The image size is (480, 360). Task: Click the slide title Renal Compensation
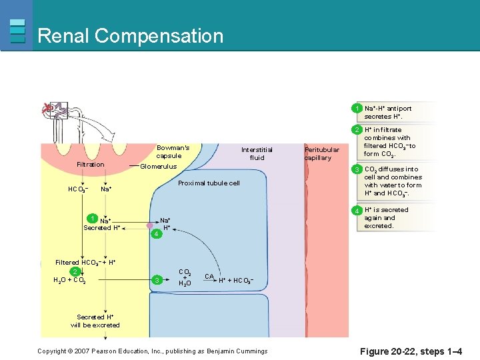(x=131, y=35)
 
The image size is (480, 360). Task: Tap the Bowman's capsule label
(x=173, y=152)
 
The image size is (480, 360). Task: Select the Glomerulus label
(x=158, y=167)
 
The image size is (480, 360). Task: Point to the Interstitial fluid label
(x=257, y=153)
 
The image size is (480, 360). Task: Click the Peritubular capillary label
(x=321, y=154)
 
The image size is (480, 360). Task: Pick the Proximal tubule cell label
(x=209, y=183)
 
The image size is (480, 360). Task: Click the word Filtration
(x=91, y=165)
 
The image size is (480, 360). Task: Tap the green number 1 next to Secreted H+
(x=91, y=219)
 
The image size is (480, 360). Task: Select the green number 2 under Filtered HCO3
(x=76, y=271)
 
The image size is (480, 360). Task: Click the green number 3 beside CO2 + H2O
(x=156, y=279)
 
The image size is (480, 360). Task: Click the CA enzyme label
(x=209, y=276)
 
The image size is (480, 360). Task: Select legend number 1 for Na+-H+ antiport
(x=357, y=108)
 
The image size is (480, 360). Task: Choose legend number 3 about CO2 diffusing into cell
(x=357, y=169)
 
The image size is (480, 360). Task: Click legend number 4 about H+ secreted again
(x=357, y=211)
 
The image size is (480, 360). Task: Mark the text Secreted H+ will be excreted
(x=95, y=321)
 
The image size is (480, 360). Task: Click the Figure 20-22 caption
(x=411, y=351)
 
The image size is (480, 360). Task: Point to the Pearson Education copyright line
(x=152, y=351)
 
